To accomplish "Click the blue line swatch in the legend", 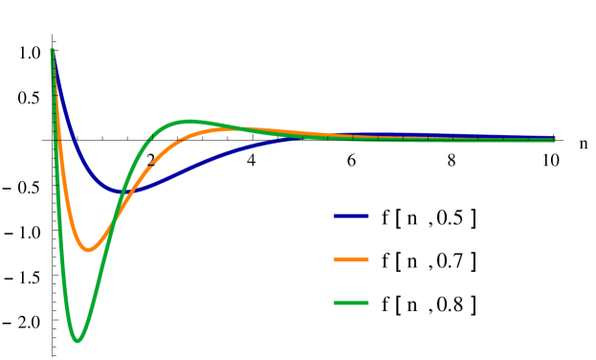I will click(350, 216).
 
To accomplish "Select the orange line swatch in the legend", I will click(350, 259).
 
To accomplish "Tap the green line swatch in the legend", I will click(350, 304).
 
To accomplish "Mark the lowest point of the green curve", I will click(77, 340).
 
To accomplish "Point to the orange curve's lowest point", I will click(88, 250).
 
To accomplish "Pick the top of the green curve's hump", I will click(188, 121).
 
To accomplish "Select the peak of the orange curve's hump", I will click(234, 128).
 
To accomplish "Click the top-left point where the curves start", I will click(52, 50).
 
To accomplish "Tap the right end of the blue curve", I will click(555, 138).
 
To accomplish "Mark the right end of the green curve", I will click(555, 141).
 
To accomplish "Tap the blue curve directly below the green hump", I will click(188, 168).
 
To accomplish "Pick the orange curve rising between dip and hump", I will click(143, 172).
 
